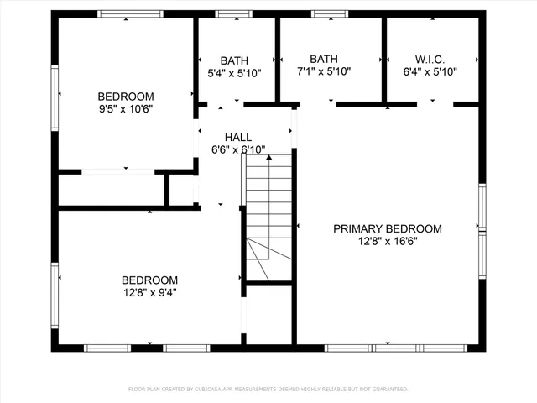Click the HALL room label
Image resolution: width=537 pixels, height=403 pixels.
237,137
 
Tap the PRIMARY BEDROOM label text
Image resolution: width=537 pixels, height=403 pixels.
387,228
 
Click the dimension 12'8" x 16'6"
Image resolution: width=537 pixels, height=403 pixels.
387,241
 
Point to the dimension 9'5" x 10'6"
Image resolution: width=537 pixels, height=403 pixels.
125,108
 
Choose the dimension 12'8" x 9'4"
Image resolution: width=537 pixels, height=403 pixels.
149,293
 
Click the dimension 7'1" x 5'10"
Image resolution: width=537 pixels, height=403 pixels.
323,71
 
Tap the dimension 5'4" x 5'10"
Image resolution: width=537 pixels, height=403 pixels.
234,73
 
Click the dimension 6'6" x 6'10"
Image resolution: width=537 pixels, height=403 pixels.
238,149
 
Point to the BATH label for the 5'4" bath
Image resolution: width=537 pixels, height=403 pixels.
234,60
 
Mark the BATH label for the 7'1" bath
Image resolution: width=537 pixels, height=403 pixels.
323,59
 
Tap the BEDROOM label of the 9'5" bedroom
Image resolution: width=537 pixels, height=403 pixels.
125,96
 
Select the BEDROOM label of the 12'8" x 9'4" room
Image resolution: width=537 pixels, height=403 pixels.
149,280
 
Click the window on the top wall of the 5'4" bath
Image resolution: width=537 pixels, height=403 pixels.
227,13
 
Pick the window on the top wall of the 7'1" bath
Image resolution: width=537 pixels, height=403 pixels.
324,13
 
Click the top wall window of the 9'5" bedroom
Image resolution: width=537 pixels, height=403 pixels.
124,13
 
